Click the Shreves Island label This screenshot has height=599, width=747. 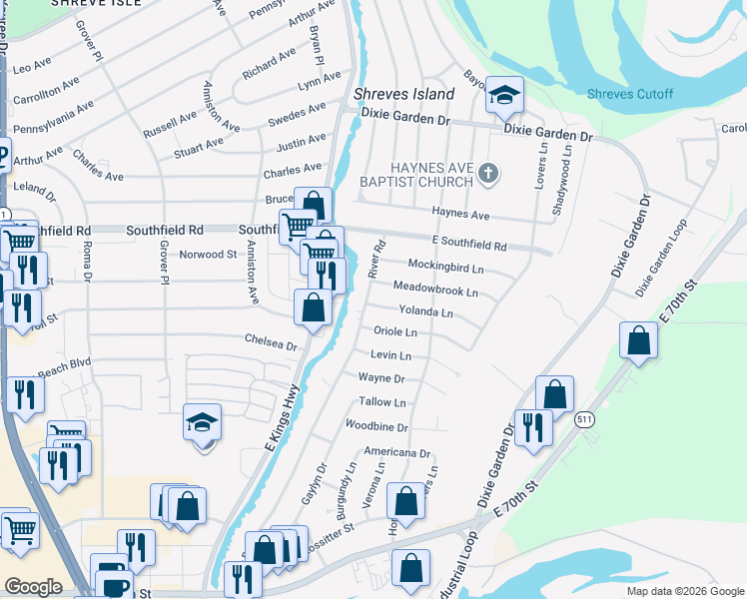click(x=404, y=94)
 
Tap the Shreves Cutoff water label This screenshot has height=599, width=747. click(x=629, y=95)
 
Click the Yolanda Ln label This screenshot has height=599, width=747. click(x=426, y=312)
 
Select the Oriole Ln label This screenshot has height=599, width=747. click(x=394, y=331)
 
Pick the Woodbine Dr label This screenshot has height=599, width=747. click(x=376, y=426)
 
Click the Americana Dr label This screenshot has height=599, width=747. click(x=396, y=452)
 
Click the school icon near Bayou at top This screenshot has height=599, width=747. click(x=505, y=96)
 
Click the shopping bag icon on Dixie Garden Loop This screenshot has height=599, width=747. click(x=639, y=340)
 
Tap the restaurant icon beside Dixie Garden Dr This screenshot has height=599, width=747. click(x=533, y=427)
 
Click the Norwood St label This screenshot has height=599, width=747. click(x=208, y=254)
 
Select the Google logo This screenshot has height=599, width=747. click(x=33, y=587)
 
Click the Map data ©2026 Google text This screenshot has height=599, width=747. click(x=685, y=591)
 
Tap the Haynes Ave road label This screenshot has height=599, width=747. click(x=460, y=214)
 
